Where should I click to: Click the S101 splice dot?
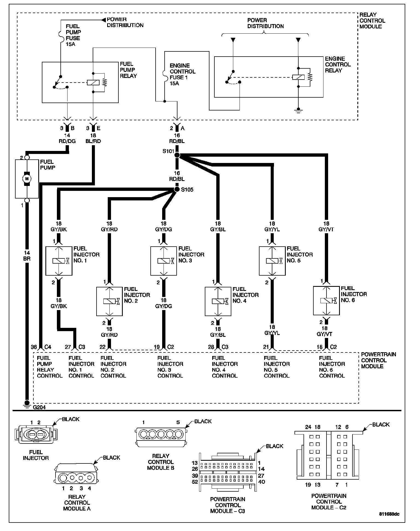tap(177, 155)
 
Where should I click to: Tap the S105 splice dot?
tap(177, 189)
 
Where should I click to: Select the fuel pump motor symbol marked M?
tap(27, 179)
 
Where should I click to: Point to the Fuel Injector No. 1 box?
tap(59, 261)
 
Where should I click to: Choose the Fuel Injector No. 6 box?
tap(326, 300)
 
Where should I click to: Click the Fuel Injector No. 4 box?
tap(218, 301)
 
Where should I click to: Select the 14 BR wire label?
tap(27, 256)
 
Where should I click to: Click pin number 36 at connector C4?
tap(34, 347)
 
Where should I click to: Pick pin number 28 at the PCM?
tap(211, 347)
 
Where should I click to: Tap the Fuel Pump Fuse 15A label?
tap(73, 35)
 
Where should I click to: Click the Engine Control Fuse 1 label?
tap(182, 74)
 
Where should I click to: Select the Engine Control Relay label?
tap(338, 65)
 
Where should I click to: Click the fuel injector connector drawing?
tap(36, 434)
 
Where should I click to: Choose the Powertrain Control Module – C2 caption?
tap(329, 501)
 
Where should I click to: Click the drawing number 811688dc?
tap(389, 514)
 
